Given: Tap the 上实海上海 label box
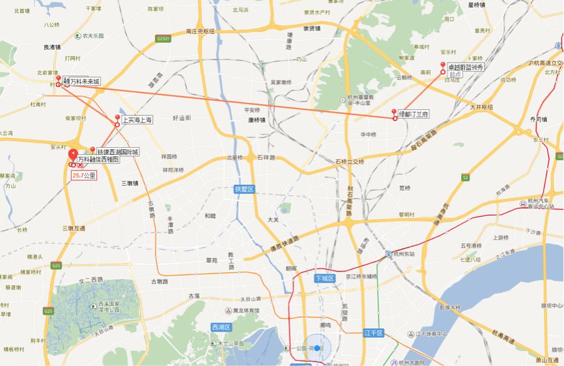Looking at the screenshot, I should (x=137, y=120).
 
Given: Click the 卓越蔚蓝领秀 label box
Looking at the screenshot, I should (x=465, y=67).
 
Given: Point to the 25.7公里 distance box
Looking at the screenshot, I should (x=84, y=175).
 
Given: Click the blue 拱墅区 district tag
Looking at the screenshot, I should (x=244, y=189).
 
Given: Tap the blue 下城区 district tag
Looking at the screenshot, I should (x=324, y=278).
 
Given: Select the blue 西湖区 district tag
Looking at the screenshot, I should (x=221, y=327).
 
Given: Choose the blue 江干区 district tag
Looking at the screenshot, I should (x=374, y=333).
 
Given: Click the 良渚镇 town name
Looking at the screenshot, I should (x=52, y=47).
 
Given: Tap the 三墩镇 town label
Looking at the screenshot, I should (x=129, y=183).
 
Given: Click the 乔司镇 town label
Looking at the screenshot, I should (x=539, y=119).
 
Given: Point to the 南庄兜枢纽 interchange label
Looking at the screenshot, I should (x=199, y=31).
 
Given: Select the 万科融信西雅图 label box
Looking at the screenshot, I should (x=98, y=159).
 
